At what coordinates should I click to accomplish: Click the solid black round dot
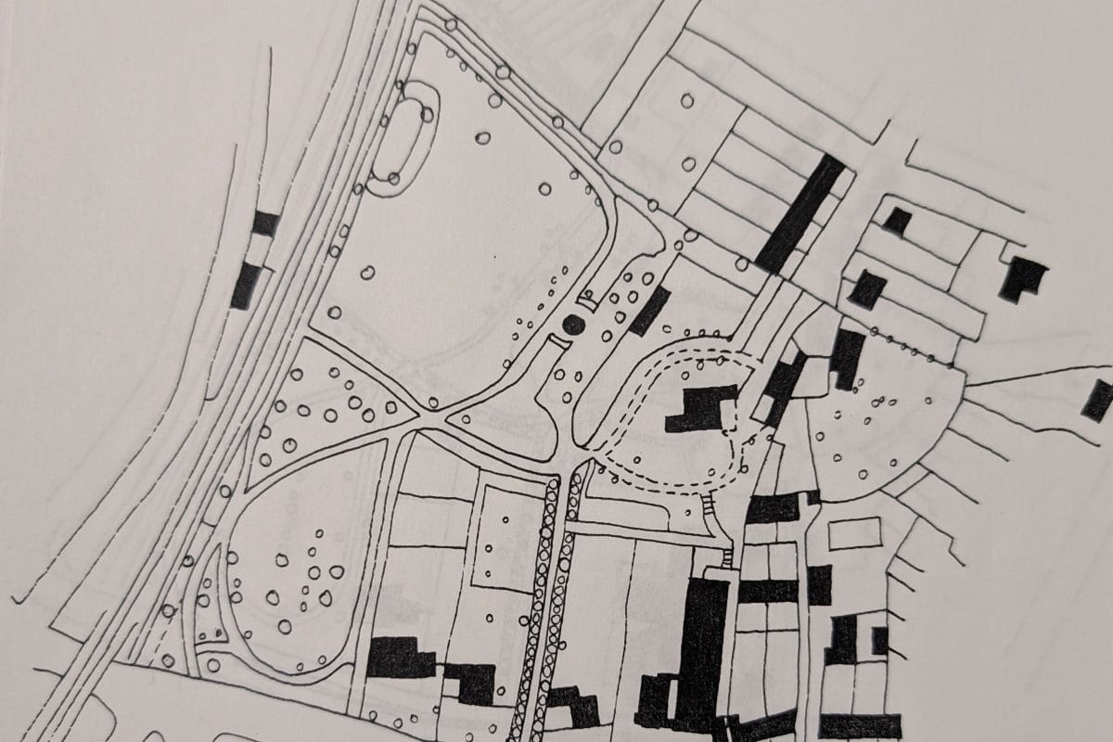(572, 324)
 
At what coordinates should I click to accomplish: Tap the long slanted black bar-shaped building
(800, 212)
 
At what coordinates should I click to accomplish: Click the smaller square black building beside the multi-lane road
(265, 224)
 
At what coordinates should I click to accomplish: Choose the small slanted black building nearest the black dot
(649, 311)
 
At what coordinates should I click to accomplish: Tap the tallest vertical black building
(702, 649)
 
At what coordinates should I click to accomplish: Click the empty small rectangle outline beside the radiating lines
(853, 533)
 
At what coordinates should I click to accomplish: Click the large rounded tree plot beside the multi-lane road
(288, 566)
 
